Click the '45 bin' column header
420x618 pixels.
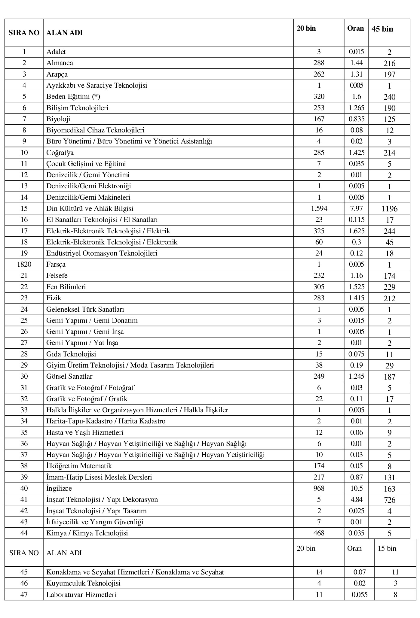tap(382, 29)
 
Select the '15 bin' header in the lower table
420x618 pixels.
tap(387, 549)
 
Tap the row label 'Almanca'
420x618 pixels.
tap(60, 63)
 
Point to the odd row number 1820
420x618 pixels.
tap(24, 265)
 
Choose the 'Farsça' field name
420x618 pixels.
tap(56, 265)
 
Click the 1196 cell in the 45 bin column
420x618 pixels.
tap(389, 209)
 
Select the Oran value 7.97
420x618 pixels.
tap(356, 208)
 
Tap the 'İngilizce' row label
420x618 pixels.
tap(59, 489)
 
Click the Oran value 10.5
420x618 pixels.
tap(356, 489)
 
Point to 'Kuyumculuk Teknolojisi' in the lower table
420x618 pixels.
tap(83, 583)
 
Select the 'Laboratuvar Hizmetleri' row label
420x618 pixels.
tap(81, 595)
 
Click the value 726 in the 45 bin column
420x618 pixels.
tap(389, 500)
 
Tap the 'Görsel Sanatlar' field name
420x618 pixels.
tap(69, 377)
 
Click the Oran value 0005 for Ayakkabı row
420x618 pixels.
tap(356, 86)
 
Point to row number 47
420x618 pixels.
tap(24, 595)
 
